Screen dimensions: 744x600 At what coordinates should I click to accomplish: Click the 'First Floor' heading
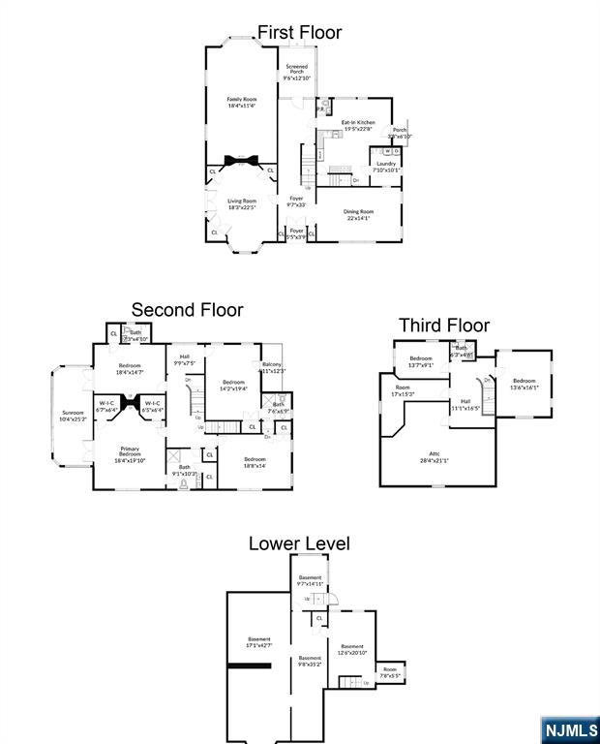click(x=299, y=33)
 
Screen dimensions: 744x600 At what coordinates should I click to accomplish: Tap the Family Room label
click(x=242, y=99)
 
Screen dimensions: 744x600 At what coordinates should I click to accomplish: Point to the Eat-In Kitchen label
click(x=358, y=122)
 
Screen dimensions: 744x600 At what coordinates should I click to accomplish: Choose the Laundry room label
click(x=386, y=164)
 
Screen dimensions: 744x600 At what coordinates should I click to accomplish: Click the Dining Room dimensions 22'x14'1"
click(x=359, y=217)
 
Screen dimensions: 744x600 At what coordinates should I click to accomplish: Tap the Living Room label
click(x=242, y=201)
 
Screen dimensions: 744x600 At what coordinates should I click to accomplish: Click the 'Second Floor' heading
click(x=187, y=310)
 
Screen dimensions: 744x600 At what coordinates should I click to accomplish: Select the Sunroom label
click(x=74, y=413)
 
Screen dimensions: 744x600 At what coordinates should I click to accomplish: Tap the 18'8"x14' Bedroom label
click(x=255, y=459)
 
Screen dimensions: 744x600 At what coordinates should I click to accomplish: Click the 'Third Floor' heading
click(x=444, y=325)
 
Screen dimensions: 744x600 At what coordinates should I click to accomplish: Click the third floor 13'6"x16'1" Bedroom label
click(x=524, y=381)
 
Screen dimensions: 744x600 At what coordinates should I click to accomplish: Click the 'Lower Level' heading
click(x=299, y=543)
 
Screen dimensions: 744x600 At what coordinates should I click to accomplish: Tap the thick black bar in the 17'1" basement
click(x=249, y=666)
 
